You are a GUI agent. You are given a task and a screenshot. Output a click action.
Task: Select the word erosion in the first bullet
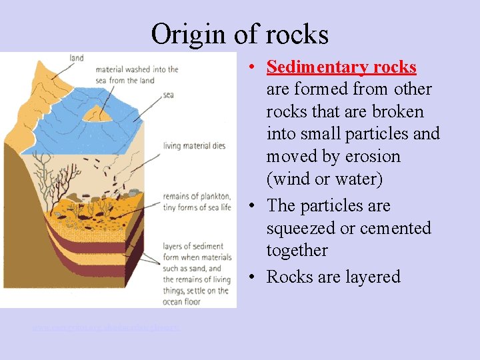click(367, 157)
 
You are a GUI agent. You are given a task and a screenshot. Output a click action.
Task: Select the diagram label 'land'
click(76, 58)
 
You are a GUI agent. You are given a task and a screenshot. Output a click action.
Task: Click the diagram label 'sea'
click(168, 95)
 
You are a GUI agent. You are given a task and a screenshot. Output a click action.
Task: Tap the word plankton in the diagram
click(213, 196)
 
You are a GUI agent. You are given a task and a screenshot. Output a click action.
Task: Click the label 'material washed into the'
click(137, 69)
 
